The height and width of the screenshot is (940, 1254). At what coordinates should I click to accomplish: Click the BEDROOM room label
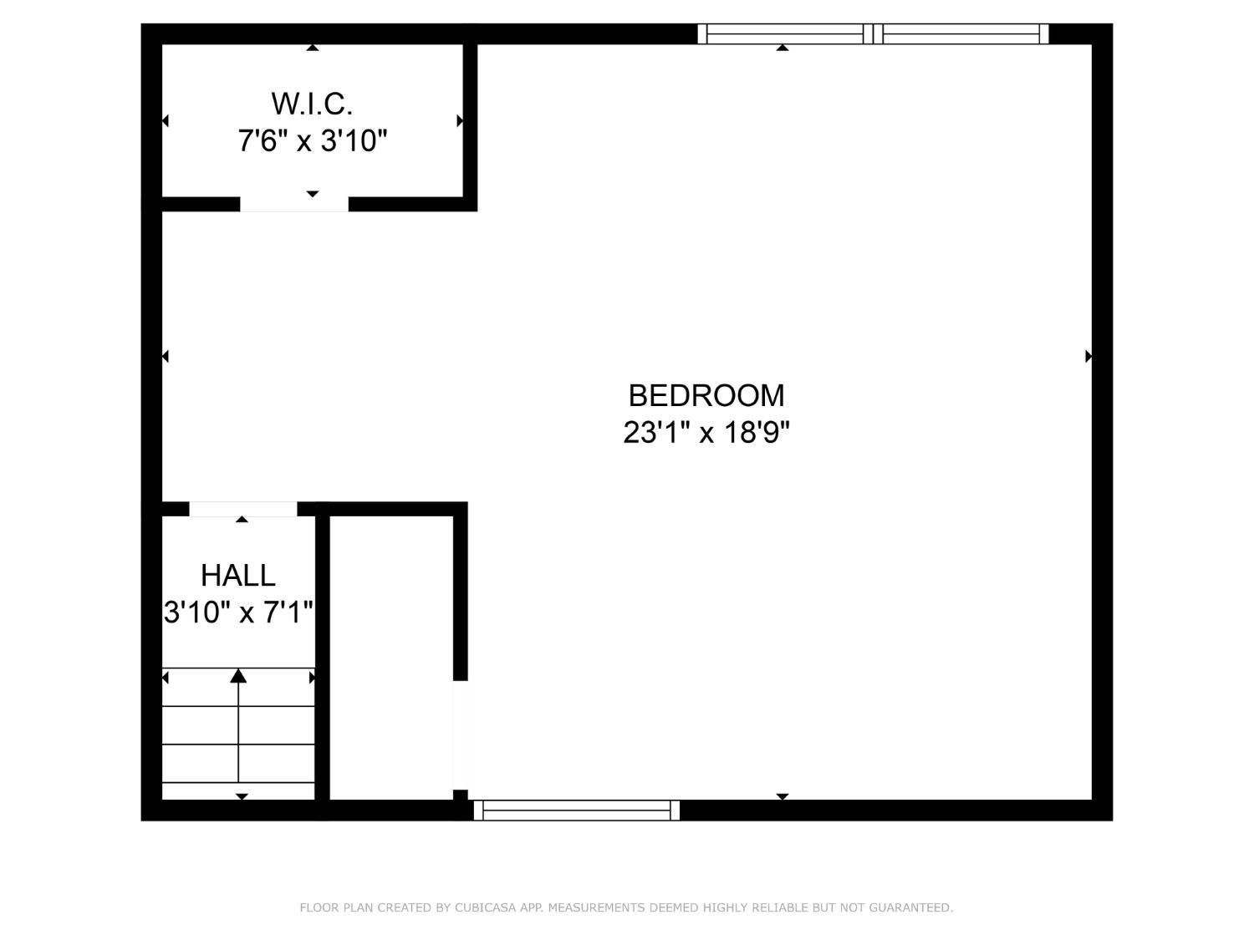click(x=706, y=395)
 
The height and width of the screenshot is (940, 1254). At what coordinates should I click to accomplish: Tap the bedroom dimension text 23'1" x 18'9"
click(x=706, y=433)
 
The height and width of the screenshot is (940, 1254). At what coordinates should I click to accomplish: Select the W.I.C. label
click(x=312, y=104)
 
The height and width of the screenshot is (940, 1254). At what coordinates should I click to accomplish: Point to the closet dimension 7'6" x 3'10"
click(x=312, y=140)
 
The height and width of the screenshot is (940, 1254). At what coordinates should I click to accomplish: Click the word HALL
click(x=238, y=576)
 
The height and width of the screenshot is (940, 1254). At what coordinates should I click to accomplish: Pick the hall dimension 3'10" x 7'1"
click(x=238, y=612)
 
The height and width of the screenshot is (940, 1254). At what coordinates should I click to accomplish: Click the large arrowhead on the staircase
click(x=238, y=676)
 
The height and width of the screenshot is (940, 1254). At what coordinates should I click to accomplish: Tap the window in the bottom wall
click(x=577, y=810)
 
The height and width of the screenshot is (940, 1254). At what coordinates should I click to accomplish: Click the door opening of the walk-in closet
click(x=294, y=204)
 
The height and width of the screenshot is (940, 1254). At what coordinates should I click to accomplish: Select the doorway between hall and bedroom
click(x=242, y=509)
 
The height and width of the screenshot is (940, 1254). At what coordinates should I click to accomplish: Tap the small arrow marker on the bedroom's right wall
click(x=1088, y=357)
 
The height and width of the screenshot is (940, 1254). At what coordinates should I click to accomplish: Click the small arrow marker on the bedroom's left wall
click(x=166, y=357)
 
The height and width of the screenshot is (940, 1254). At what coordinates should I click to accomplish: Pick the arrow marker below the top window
click(x=782, y=48)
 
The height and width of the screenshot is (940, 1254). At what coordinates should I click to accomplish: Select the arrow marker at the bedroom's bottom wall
click(x=782, y=796)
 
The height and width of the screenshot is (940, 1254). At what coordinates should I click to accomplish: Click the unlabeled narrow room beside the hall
click(x=392, y=658)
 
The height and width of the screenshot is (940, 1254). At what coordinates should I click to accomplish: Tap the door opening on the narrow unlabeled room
click(x=461, y=735)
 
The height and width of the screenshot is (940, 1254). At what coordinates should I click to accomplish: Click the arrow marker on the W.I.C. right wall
click(x=460, y=121)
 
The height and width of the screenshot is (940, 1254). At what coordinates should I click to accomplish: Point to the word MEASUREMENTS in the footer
click(x=594, y=907)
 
